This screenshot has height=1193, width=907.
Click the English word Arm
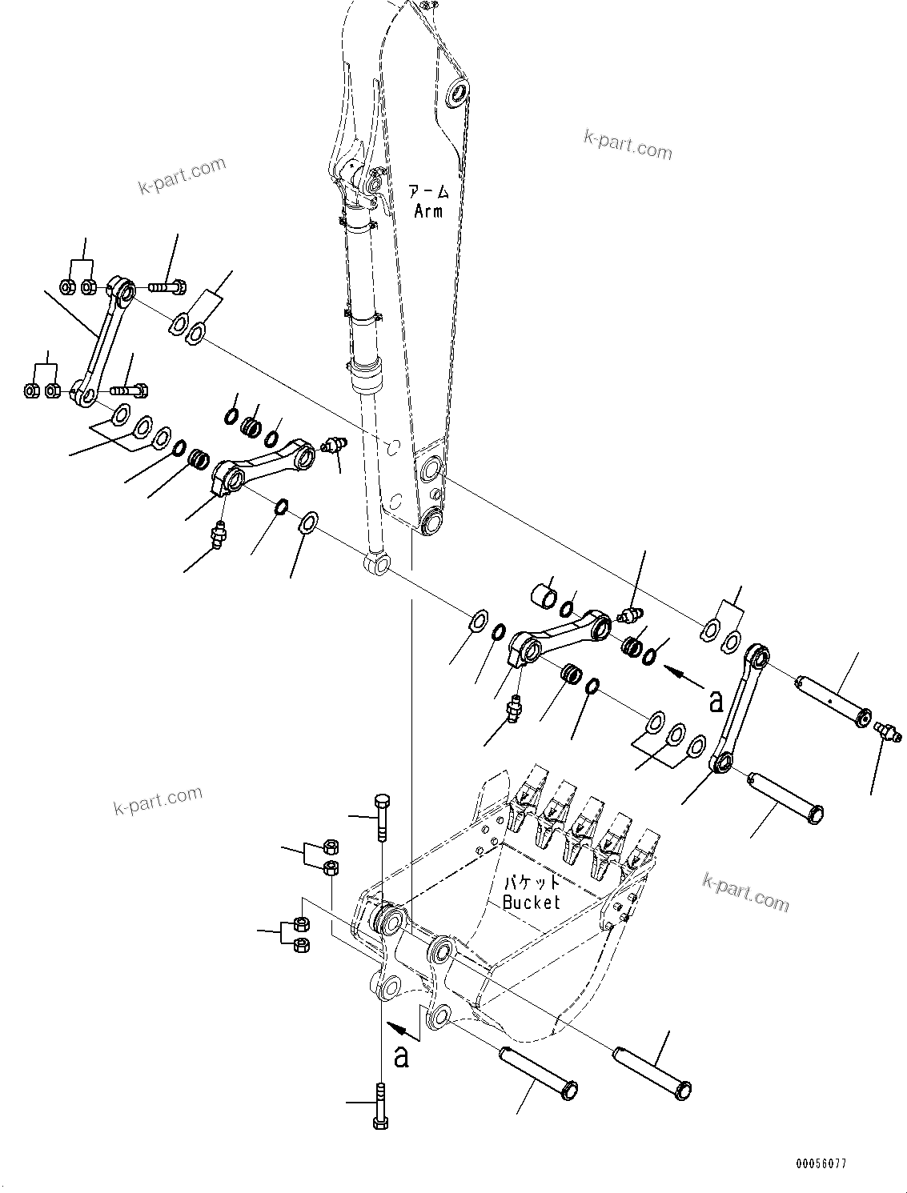click(428, 211)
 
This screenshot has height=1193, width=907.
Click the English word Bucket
click(532, 902)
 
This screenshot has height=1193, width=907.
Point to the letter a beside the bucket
click(401, 1056)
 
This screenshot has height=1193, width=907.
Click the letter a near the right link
click(716, 700)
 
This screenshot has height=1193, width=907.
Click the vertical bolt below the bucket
click(380, 1105)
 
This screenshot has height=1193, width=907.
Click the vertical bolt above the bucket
click(382, 816)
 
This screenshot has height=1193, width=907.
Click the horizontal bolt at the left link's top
click(167, 285)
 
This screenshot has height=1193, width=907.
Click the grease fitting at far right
click(889, 730)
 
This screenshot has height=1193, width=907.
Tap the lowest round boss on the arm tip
click(432, 523)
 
